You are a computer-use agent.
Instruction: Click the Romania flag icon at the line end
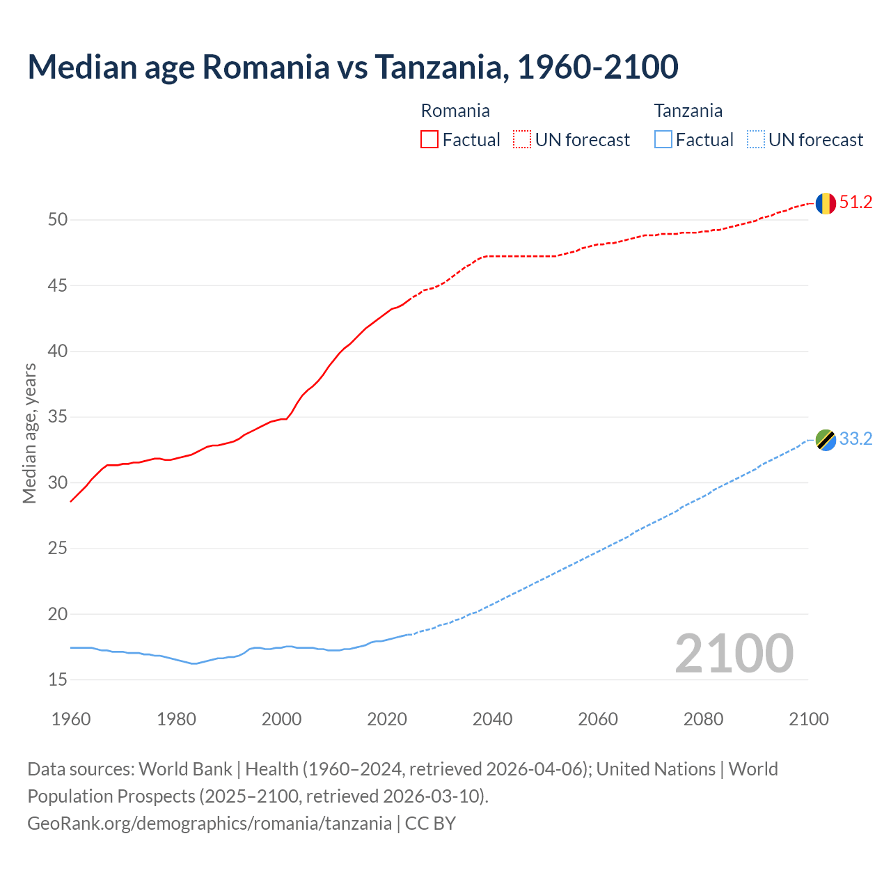point(826,203)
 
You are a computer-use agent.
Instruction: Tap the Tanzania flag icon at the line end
point(826,440)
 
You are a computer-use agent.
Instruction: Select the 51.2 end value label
point(855,203)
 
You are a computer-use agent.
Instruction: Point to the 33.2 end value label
point(855,439)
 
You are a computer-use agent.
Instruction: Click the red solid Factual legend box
point(429,140)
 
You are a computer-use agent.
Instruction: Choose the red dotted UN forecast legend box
point(522,140)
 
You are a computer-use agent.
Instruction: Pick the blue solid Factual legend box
point(663,140)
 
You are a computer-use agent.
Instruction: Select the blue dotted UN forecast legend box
point(755,140)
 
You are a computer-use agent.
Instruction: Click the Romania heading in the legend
point(455,111)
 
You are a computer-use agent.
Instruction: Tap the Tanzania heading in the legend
point(688,111)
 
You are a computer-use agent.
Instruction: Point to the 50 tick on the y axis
point(58,220)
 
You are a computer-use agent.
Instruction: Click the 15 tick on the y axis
point(58,679)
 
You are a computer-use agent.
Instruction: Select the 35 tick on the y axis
point(58,417)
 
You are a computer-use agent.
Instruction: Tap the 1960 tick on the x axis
point(71,719)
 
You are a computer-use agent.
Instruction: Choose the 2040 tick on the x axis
point(492,719)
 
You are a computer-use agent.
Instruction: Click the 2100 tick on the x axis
point(808,719)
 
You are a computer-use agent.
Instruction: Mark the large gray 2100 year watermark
point(734,653)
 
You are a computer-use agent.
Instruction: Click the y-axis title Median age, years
point(29,433)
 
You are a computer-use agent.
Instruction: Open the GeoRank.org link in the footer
point(209,823)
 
